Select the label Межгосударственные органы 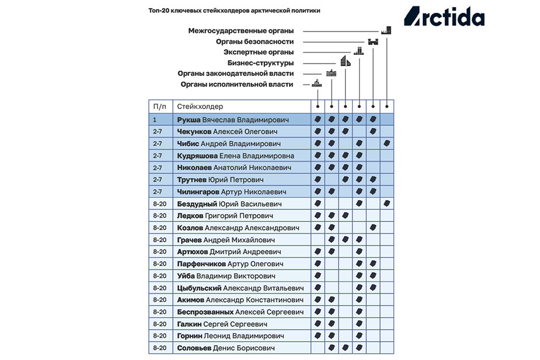(x=241, y=30)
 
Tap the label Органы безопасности (x=255, y=41)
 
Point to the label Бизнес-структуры (x=260, y=62)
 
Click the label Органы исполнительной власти (x=237, y=84)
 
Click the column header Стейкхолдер (x=200, y=107)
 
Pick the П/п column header (x=159, y=107)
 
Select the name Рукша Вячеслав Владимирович (x=233, y=120)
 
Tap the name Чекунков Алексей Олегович (x=227, y=132)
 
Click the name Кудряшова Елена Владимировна (x=235, y=156)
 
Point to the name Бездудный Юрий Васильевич (x=229, y=204)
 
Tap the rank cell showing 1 (x=155, y=120)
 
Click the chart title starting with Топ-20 (x=234, y=11)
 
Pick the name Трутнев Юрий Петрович (x=221, y=180)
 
